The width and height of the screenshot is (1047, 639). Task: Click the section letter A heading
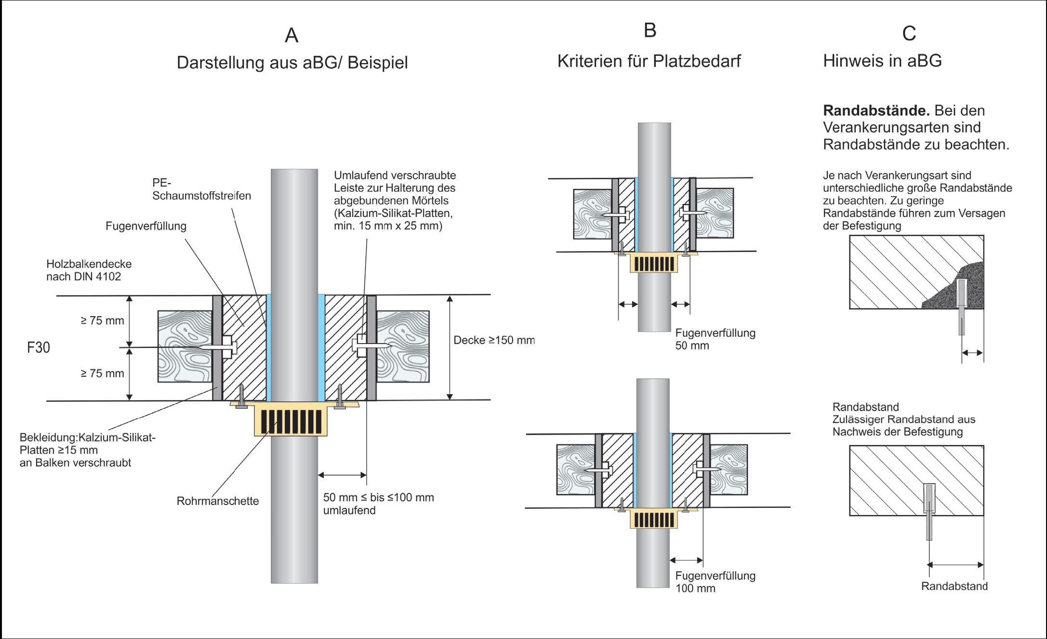pyautogui.click(x=292, y=36)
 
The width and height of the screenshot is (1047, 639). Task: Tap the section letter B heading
pyautogui.click(x=649, y=30)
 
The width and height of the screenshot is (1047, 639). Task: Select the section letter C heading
pyautogui.click(x=909, y=33)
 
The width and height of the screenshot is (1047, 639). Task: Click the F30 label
pyautogui.click(x=39, y=347)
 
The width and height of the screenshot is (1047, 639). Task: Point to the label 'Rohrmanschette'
pyautogui.click(x=218, y=501)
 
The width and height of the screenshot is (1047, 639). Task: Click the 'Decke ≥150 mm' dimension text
pyautogui.click(x=494, y=340)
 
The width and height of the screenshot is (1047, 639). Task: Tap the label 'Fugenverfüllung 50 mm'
pyautogui.click(x=715, y=339)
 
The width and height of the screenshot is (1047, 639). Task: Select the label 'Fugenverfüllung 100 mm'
pyautogui.click(x=715, y=582)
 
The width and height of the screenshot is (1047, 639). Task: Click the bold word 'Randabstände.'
pyautogui.click(x=876, y=111)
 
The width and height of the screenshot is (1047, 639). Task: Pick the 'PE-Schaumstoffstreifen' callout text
pyautogui.click(x=201, y=189)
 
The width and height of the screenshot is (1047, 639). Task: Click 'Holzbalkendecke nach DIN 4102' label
pyautogui.click(x=89, y=270)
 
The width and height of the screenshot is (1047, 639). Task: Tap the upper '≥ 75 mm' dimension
pyautogui.click(x=102, y=320)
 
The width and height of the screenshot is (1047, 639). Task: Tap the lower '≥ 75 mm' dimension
pyautogui.click(x=102, y=373)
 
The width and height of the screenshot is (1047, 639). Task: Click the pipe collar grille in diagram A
pyautogui.click(x=291, y=421)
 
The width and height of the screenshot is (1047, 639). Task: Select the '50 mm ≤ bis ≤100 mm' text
pyautogui.click(x=378, y=498)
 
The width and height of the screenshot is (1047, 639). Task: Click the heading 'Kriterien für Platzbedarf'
pyautogui.click(x=649, y=61)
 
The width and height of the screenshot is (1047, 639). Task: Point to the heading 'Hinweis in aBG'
pyautogui.click(x=882, y=61)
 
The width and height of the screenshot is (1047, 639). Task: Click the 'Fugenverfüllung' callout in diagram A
pyautogui.click(x=146, y=226)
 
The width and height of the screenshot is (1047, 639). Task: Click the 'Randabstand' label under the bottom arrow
pyautogui.click(x=954, y=586)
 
